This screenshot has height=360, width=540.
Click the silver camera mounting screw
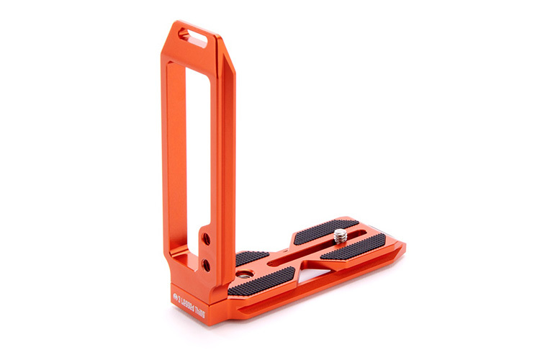(x=340, y=234)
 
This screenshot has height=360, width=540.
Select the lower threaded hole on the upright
(x=206, y=265)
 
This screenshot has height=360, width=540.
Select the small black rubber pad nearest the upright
(x=251, y=257)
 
